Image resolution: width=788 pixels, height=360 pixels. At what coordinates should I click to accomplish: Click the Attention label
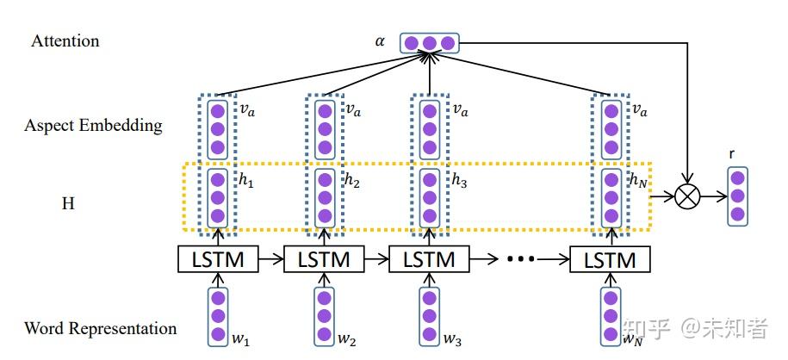click(65, 40)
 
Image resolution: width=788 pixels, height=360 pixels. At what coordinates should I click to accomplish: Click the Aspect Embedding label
click(93, 126)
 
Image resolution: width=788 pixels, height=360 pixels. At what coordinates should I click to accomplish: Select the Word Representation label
click(100, 328)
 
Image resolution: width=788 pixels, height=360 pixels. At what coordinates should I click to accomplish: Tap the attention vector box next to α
click(429, 42)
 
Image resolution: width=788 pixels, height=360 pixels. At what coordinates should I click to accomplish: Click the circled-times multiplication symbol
click(687, 198)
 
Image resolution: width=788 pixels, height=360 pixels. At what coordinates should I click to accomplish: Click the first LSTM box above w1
click(218, 259)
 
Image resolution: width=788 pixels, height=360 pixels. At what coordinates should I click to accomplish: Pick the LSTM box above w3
click(430, 259)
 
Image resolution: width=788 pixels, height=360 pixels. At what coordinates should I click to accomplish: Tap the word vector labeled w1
click(217, 315)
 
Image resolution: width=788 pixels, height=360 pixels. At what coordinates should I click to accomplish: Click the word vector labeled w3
click(430, 315)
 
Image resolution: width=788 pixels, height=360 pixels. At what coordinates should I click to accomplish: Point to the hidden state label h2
click(351, 182)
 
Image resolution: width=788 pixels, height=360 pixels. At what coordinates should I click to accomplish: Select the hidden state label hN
click(638, 182)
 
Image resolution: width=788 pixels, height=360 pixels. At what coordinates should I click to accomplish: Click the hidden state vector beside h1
click(217, 198)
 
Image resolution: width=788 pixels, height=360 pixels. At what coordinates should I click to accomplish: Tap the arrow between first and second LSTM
click(271, 259)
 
